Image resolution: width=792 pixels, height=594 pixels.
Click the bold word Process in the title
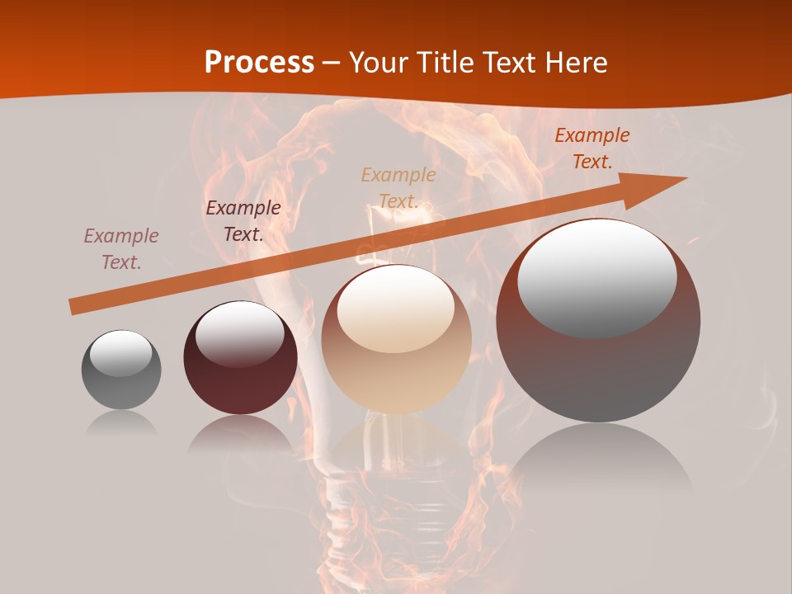(x=259, y=63)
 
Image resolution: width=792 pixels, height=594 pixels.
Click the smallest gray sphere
(x=121, y=370)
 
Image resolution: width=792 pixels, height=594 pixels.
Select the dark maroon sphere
(x=240, y=358)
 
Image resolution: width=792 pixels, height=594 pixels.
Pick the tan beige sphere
(x=396, y=339)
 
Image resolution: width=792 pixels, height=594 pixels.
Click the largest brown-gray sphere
(x=598, y=320)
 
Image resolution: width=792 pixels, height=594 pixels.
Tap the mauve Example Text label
(x=121, y=249)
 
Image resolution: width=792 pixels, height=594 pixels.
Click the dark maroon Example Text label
(x=243, y=221)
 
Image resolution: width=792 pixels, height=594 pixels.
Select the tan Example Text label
(x=398, y=188)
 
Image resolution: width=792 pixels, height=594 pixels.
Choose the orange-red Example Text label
(x=592, y=148)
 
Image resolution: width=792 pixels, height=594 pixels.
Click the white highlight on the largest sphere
(x=597, y=276)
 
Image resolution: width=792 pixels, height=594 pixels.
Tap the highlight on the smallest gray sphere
(x=120, y=353)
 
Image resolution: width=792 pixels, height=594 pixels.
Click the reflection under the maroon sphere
(x=240, y=434)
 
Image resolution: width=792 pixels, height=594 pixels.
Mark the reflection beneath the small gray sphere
(x=121, y=423)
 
